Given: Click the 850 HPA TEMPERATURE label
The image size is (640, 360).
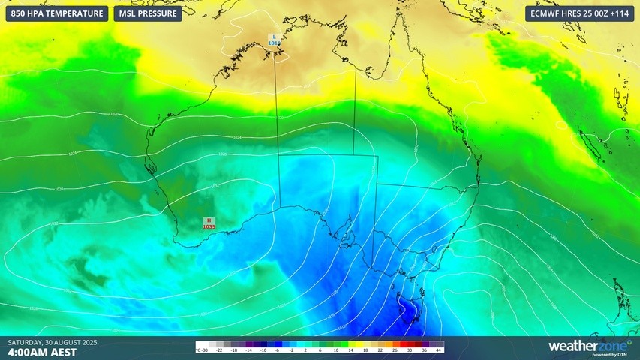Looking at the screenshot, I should [57, 13].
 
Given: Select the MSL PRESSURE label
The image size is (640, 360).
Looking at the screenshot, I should [148, 13].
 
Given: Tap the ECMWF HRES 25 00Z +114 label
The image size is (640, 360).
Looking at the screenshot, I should [579, 13].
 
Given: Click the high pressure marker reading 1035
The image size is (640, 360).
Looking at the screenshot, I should [209, 223].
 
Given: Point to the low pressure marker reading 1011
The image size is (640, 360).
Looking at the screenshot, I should [274, 40].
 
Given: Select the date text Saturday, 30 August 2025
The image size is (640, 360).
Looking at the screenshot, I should [53, 343].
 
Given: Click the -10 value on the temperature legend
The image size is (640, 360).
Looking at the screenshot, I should [263, 350].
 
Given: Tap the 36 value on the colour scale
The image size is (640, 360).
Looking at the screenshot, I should [426, 350].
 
